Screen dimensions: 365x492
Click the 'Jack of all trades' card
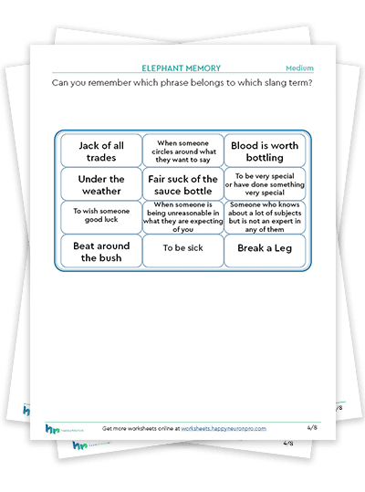click(x=101, y=151)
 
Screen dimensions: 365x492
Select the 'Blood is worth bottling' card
click(x=265, y=151)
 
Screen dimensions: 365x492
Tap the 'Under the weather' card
click(x=101, y=184)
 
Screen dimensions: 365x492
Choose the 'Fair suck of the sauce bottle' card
click(x=183, y=184)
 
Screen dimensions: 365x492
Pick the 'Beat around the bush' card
click(x=101, y=251)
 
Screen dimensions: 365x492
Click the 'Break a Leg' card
click(x=265, y=251)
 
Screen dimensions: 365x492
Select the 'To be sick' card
click(x=183, y=251)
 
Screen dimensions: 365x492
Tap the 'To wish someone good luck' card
click(x=101, y=217)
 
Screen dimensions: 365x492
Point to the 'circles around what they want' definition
click(x=183, y=151)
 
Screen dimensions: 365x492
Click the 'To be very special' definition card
click(x=265, y=184)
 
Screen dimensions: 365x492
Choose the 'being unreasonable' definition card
click(x=183, y=217)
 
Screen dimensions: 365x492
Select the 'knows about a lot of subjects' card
click(x=265, y=217)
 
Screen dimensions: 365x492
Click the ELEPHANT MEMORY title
click(x=182, y=68)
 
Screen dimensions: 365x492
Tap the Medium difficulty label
click(x=299, y=68)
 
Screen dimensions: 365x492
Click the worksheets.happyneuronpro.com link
click(x=224, y=428)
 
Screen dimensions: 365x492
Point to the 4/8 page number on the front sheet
click(x=312, y=427)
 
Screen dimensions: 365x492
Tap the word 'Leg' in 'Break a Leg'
click(x=283, y=248)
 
